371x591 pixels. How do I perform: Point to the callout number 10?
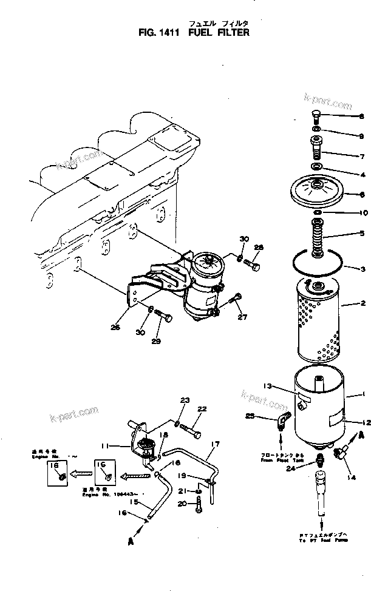coord(363,213)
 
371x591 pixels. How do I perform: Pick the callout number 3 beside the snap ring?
coord(362,269)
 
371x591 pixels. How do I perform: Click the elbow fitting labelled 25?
coord(283,419)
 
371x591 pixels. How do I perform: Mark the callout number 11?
coord(104,446)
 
